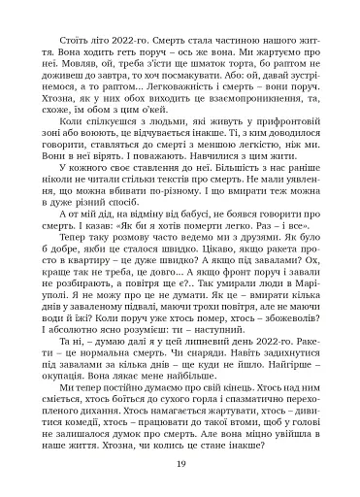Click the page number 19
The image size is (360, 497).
pyautogui.click(x=180, y=462)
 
